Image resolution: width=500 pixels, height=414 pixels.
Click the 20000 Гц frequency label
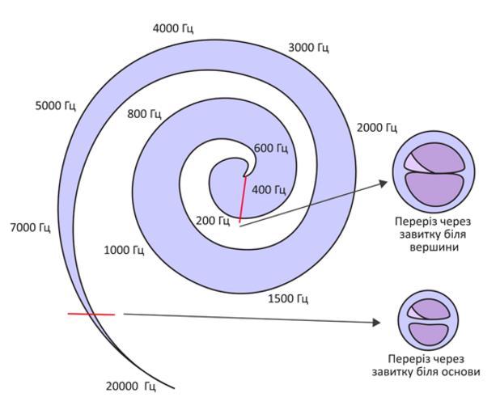pyautogui.click(x=130, y=386)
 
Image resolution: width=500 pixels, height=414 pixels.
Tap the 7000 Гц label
pyautogui.click(x=30, y=227)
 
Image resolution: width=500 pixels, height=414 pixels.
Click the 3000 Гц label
pyautogui.click(x=308, y=49)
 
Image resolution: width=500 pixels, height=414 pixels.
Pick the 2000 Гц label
pyautogui.click(x=376, y=128)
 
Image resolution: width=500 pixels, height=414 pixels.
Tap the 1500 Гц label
pyautogui.click(x=288, y=299)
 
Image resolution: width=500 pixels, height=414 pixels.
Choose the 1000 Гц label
pyautogui.click(x=124, y=250)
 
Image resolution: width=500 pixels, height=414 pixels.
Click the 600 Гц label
pyautogui.click(x=271, y=148)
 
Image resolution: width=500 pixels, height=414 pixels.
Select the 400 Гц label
pyautogui.click(x=269, y=190)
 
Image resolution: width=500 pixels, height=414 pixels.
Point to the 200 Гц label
pyautogui.click(x=213, y=220)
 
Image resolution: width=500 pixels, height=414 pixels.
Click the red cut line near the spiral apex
pyautogui.click(x=243, y=198)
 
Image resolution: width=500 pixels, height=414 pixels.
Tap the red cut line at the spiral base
pyautogui.click(x=91, y=314)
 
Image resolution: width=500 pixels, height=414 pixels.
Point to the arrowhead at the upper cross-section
pyautogui.click(x=383, y=184)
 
